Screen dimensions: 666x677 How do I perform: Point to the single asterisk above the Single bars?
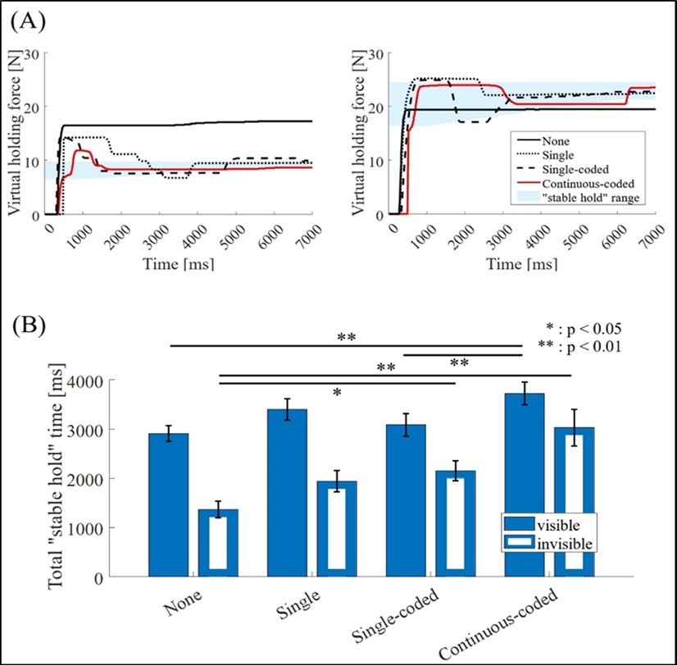337,393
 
